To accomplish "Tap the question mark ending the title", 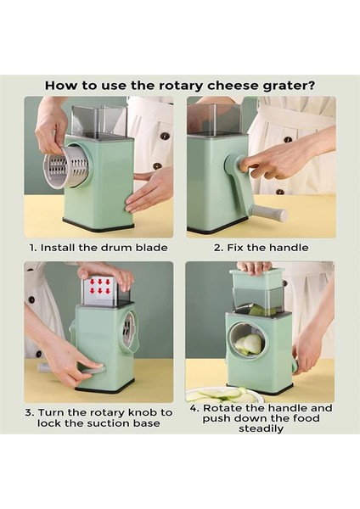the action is (x=312, y=86).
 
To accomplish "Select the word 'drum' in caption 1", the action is (x=117, y=248).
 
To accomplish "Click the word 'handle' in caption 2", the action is (x=289, y=248).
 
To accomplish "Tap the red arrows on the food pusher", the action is (x=100, y=287).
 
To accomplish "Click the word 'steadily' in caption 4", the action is (x=261, y=428).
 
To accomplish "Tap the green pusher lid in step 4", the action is (x=255, y=275).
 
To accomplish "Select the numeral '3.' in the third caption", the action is (x=30, y=412).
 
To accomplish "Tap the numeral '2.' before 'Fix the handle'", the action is (x=219, y=248).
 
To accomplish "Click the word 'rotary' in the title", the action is (x=182, y=86).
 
